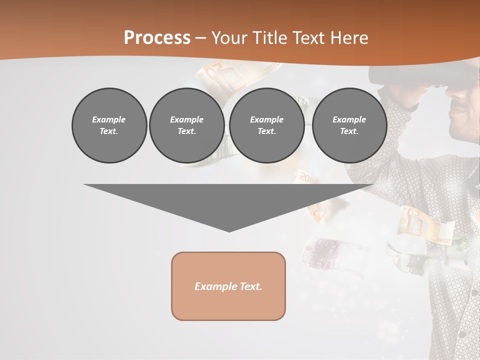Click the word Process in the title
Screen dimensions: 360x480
(x=157, y=38)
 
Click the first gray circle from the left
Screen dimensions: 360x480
(x=109, y=125)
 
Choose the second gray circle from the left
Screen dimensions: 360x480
(x=186, y=125)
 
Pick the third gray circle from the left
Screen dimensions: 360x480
(x=266, y=125)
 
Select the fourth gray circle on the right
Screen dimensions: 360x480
(x=349, y=125)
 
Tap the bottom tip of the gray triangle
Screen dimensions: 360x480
(x=229, y=230)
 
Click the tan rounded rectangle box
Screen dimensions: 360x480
(x=228, y=286)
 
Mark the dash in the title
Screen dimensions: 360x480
(x=200, y=38)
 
